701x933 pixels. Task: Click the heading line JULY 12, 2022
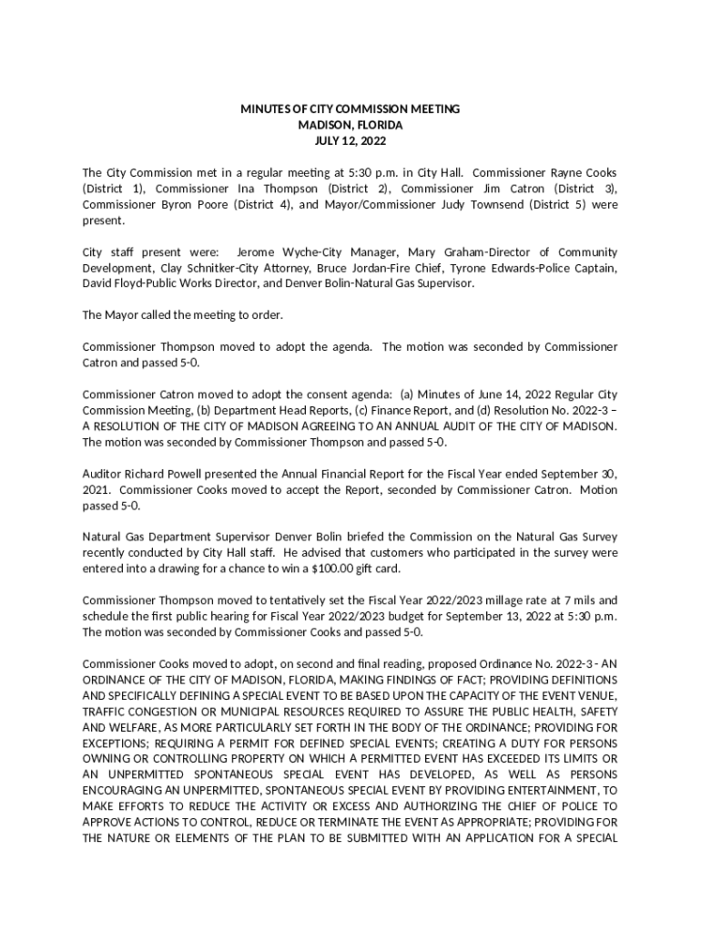[350, 141]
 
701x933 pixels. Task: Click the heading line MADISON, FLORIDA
[350, 125]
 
